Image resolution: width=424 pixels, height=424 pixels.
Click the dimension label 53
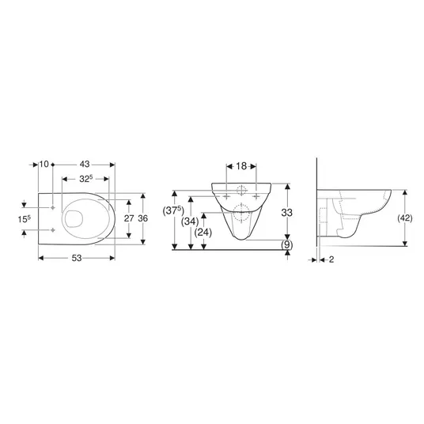click(x=76, y=258)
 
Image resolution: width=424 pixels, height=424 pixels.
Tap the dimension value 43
click(x=85, y=164)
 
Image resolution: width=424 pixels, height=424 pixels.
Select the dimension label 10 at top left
click(x=44, y=164)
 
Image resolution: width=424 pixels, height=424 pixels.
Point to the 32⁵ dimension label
click(x=86, y=179)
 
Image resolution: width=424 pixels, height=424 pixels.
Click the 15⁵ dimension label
click(x=25, y=219)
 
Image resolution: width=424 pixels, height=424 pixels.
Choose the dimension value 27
click(x=129, y=218)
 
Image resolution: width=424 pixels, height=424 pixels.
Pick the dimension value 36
click(x=143, y=218)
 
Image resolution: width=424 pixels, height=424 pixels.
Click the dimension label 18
click(x=241, y=166)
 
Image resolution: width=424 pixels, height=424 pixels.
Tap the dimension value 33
click(x=287, y=213)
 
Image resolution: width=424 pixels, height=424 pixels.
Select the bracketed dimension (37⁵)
click(x=173, y=210)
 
